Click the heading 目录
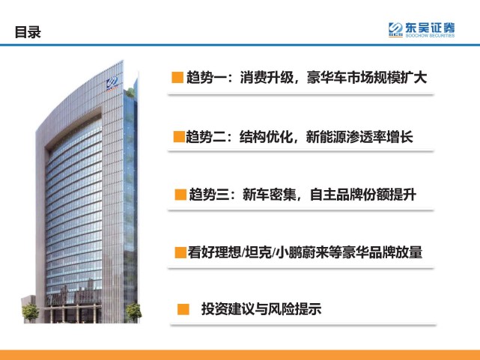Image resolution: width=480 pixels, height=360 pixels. click(x=28, y=32)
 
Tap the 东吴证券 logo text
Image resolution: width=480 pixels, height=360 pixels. click(x=431, y=28)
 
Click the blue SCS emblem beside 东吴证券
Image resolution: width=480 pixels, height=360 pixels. click(x=396, y=30)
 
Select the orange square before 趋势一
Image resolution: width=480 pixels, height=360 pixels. click(x=177, y=77)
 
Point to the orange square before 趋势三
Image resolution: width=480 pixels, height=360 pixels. click(x=180, y=195)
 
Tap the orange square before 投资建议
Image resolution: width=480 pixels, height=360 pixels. click(x=182, y=309)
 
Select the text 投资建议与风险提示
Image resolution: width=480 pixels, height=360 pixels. click(x=261, y=309)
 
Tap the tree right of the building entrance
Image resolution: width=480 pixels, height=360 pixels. click(x=133, y=309)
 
